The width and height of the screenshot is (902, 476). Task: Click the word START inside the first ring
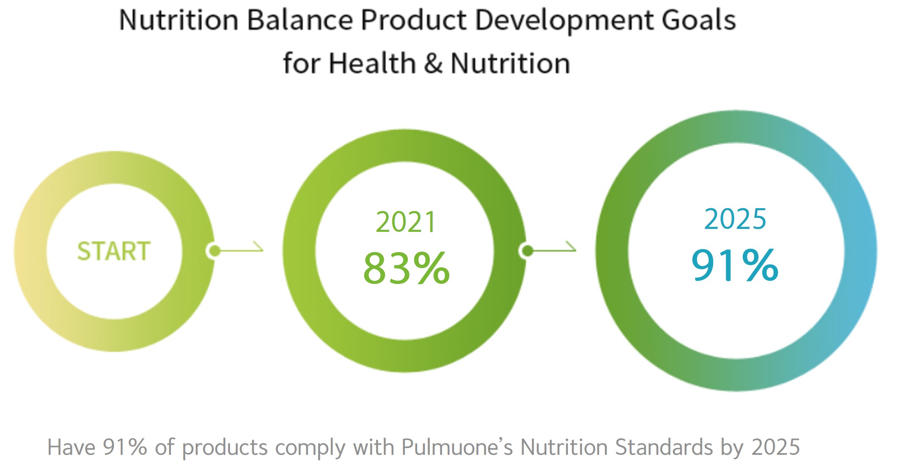click(114, 251)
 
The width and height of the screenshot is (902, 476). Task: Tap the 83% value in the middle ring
click(407, 268)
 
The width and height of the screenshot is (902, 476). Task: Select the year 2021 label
click(406, 222)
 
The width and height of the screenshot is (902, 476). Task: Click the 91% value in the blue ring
click(735, 265)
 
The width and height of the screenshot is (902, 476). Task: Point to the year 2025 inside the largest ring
click(735, 219)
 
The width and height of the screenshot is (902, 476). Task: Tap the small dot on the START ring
click(215, 250)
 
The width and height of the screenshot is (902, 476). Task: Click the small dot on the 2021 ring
click(527, 251)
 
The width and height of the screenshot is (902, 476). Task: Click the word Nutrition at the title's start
click(179, 20)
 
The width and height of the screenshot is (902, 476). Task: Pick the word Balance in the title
click(300, 20)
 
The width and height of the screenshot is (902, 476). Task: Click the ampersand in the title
click(433, 63)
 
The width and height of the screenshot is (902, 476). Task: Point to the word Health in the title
click(372, 63)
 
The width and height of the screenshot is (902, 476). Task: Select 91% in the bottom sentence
click(125, 447)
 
